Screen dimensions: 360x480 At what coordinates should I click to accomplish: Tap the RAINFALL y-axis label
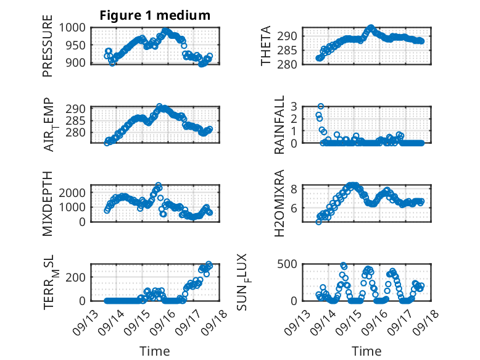tap(279, 125)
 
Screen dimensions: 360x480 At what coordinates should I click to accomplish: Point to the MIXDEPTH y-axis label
tap(48, 203)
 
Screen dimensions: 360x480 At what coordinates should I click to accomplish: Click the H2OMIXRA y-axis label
tap(279, 203)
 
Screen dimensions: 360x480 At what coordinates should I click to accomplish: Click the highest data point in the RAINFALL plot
tap(321, 106)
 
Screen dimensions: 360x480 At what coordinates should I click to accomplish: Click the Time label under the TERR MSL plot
tap(154, 351)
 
